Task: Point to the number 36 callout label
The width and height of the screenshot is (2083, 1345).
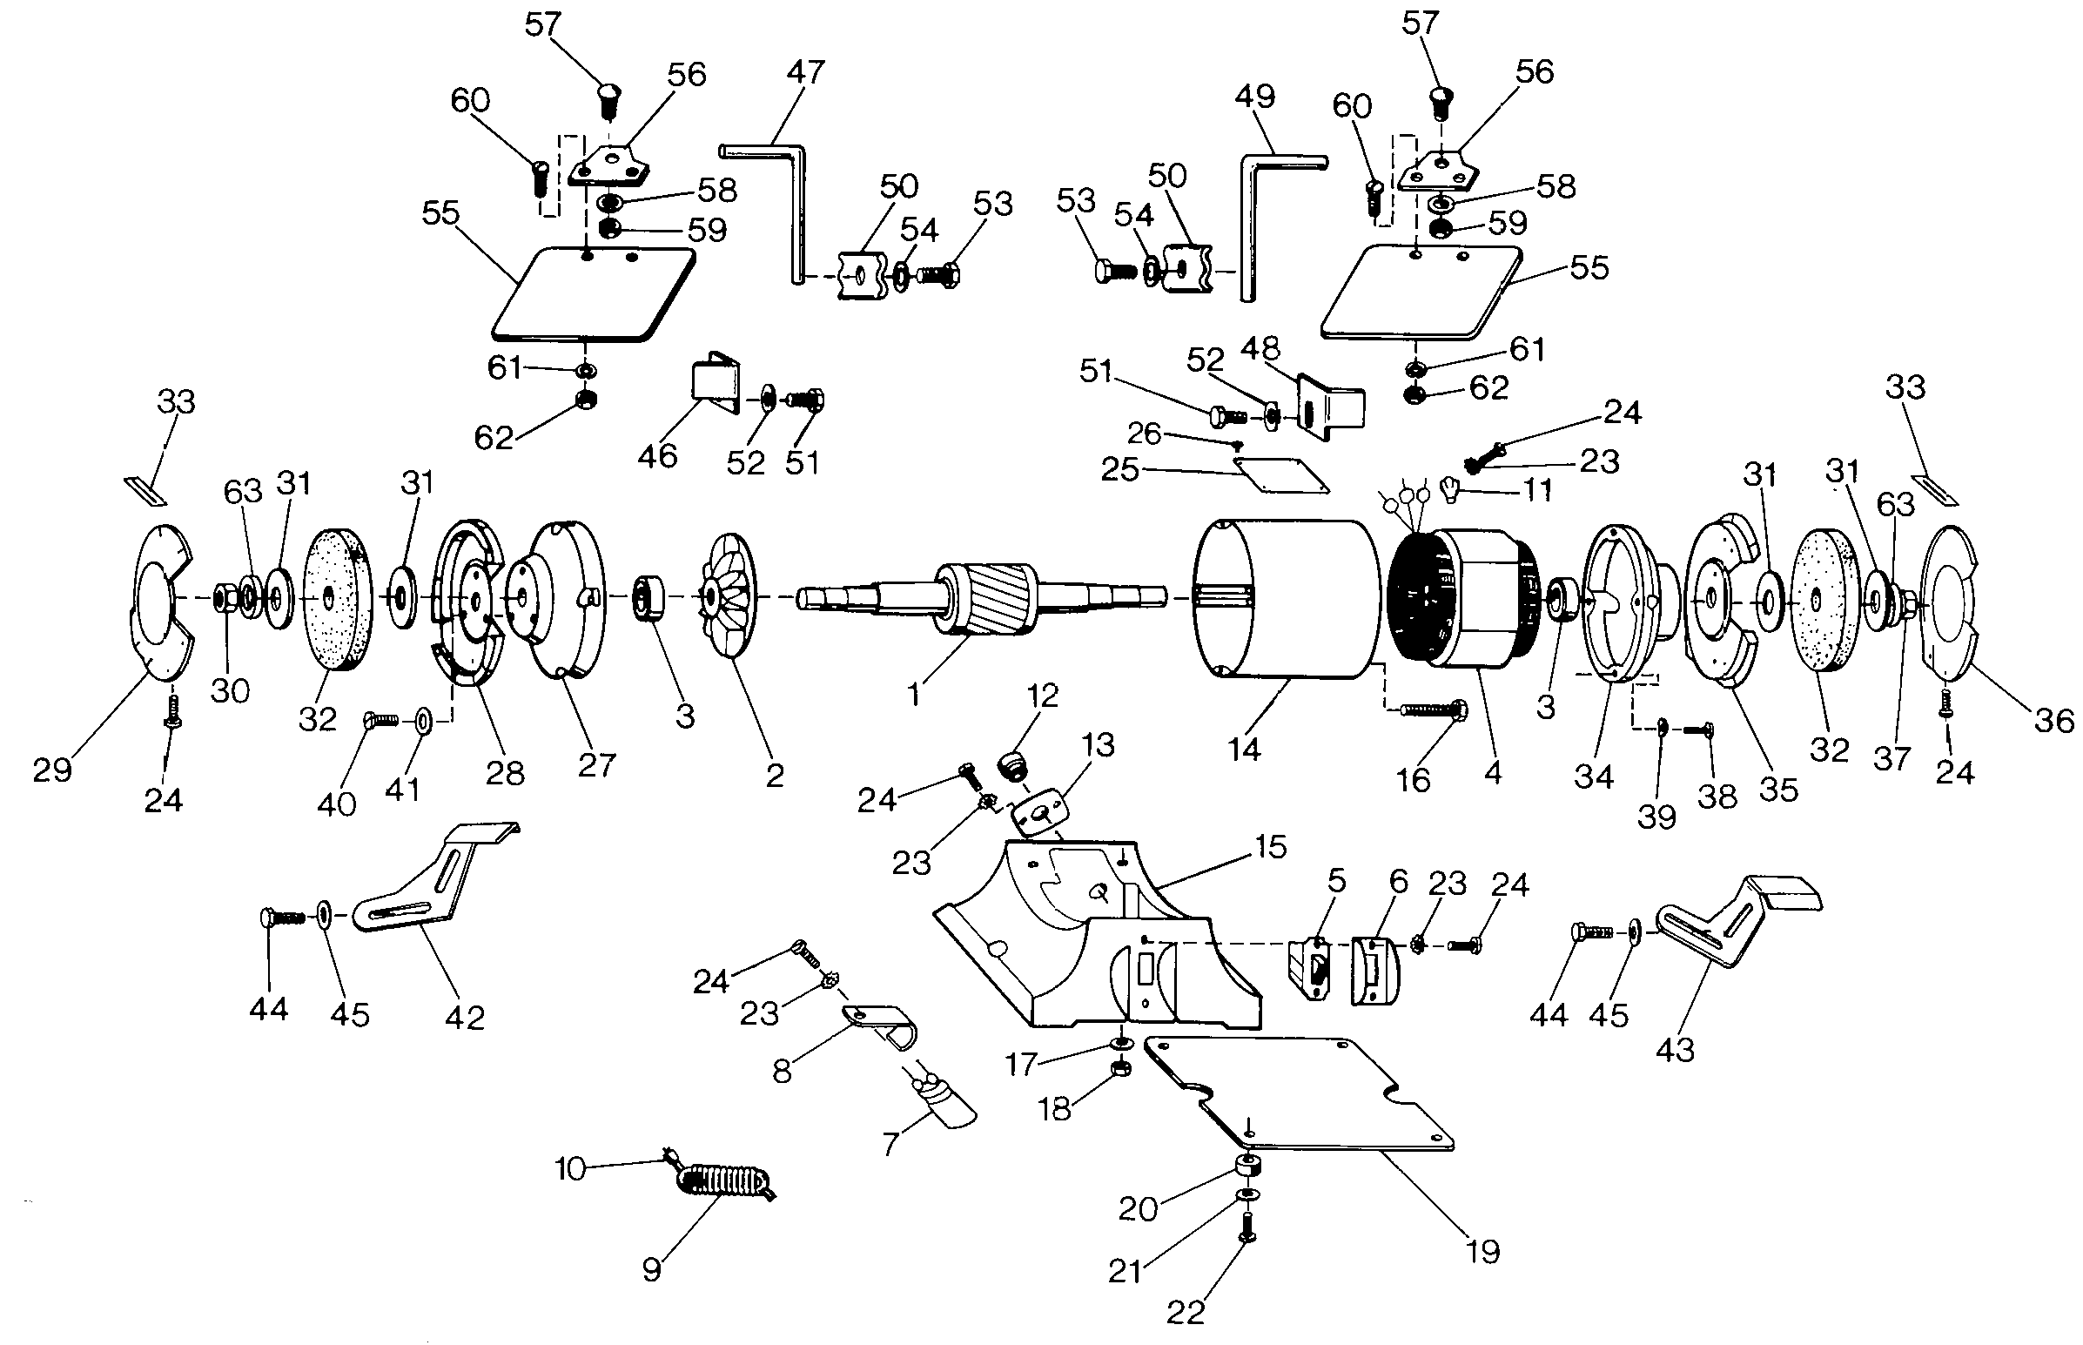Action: tap(2053, 721)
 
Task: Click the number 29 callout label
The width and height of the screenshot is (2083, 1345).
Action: tap(52, 770)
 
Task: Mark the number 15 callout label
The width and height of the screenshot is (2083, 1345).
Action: tap(1270, 846)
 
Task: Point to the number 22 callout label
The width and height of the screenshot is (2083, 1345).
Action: tap(1185, 1311)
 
